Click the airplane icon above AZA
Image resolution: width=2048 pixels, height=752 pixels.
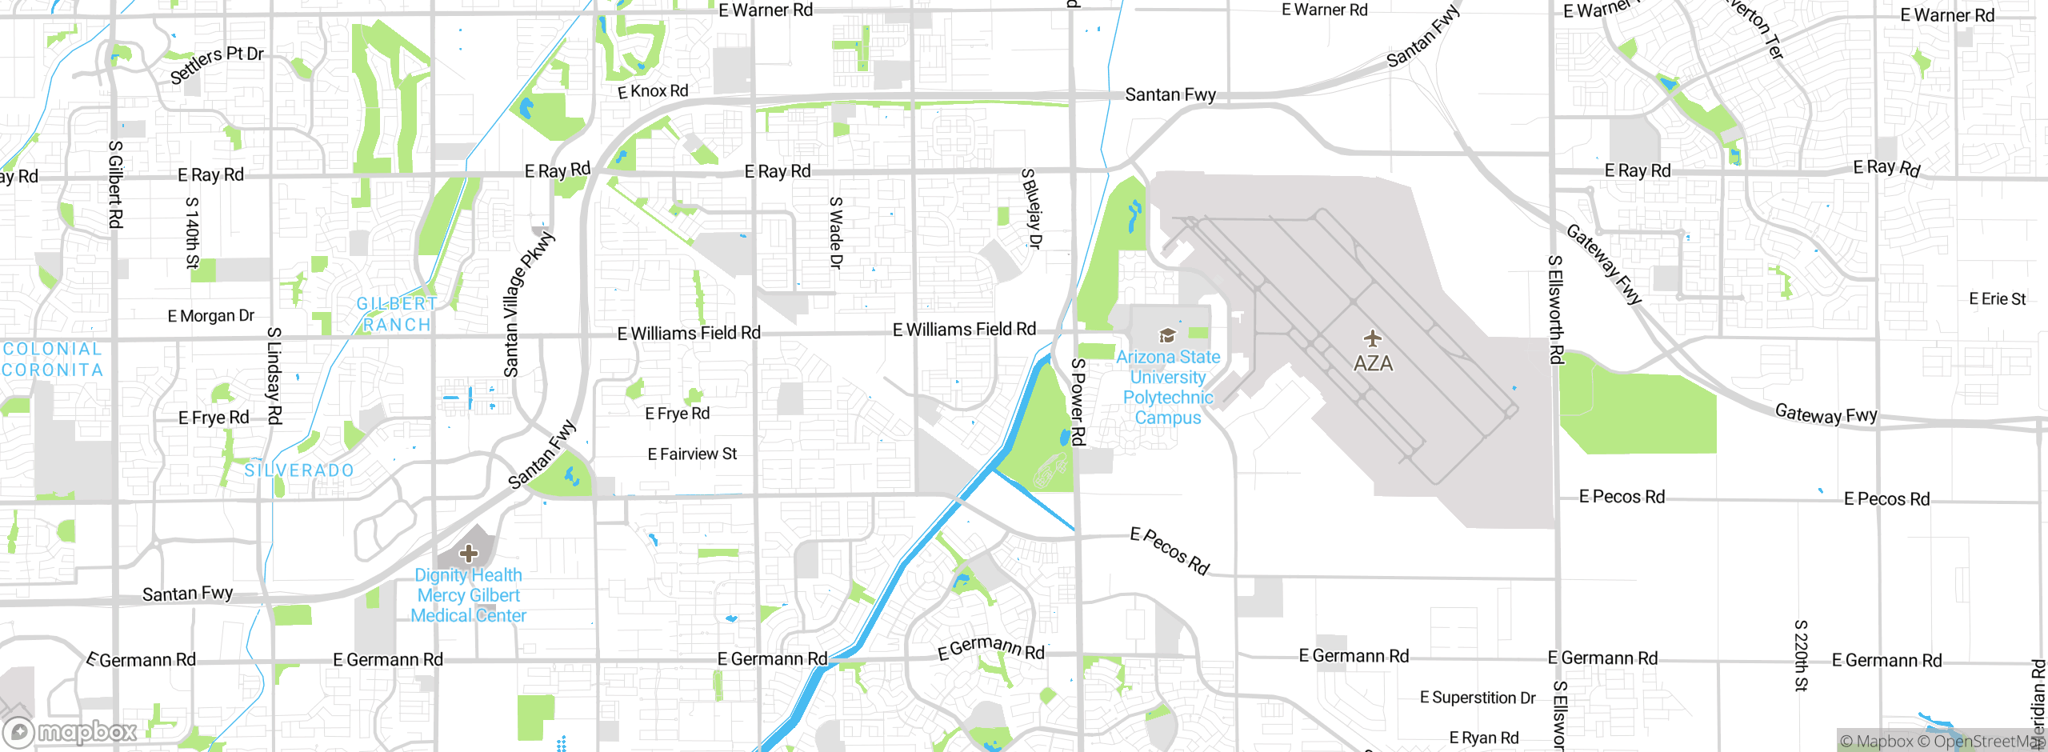(1373, 338)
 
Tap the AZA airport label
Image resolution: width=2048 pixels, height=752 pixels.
(1373, 363)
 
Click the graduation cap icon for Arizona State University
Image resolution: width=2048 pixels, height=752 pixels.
(1168, 335)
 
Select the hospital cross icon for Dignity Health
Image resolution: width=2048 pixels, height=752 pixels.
(469, 553)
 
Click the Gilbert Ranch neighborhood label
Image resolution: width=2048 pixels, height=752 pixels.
(397, 314)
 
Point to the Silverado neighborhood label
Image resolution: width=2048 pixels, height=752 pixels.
(299, 470)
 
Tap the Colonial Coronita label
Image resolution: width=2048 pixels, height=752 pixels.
(52, 359)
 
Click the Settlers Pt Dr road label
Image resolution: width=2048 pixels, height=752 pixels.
(217, 64)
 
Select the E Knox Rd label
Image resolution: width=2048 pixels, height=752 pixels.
(653, 91)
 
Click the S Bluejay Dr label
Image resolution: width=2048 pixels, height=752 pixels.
(1031, 209)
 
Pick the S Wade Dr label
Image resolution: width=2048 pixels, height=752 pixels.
(836, 233)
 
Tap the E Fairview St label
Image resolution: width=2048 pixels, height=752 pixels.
(692, 454)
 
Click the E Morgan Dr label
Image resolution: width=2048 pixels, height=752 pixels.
(211, 316)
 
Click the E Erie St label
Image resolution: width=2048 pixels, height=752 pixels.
(1997, 299)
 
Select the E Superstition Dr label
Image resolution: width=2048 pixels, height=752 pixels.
(1478, 698)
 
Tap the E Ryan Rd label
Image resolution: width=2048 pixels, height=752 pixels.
(1484, 738)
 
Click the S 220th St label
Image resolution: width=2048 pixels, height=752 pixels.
(1801, 655)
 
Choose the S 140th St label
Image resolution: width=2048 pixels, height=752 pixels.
(192, 233)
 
